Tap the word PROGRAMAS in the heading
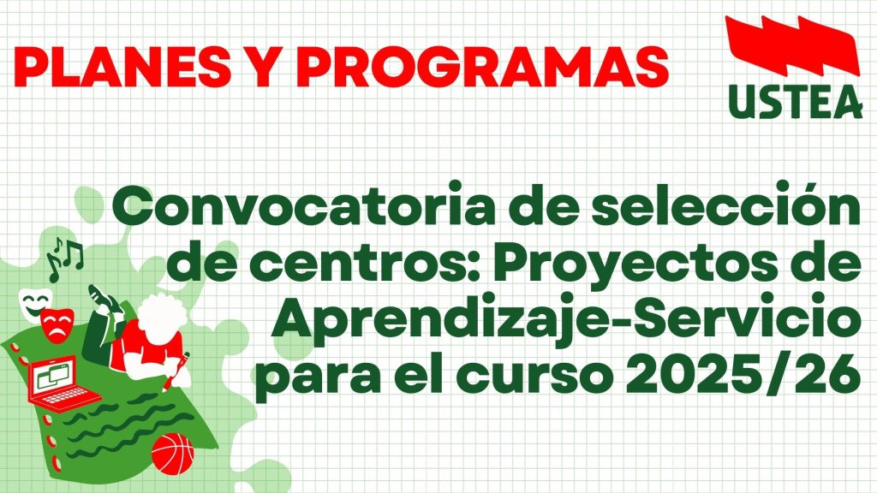point(482,67)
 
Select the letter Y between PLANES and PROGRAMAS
point(262,67)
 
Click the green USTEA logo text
point(796,103)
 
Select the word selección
point(726,204)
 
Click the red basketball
point(173,454)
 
